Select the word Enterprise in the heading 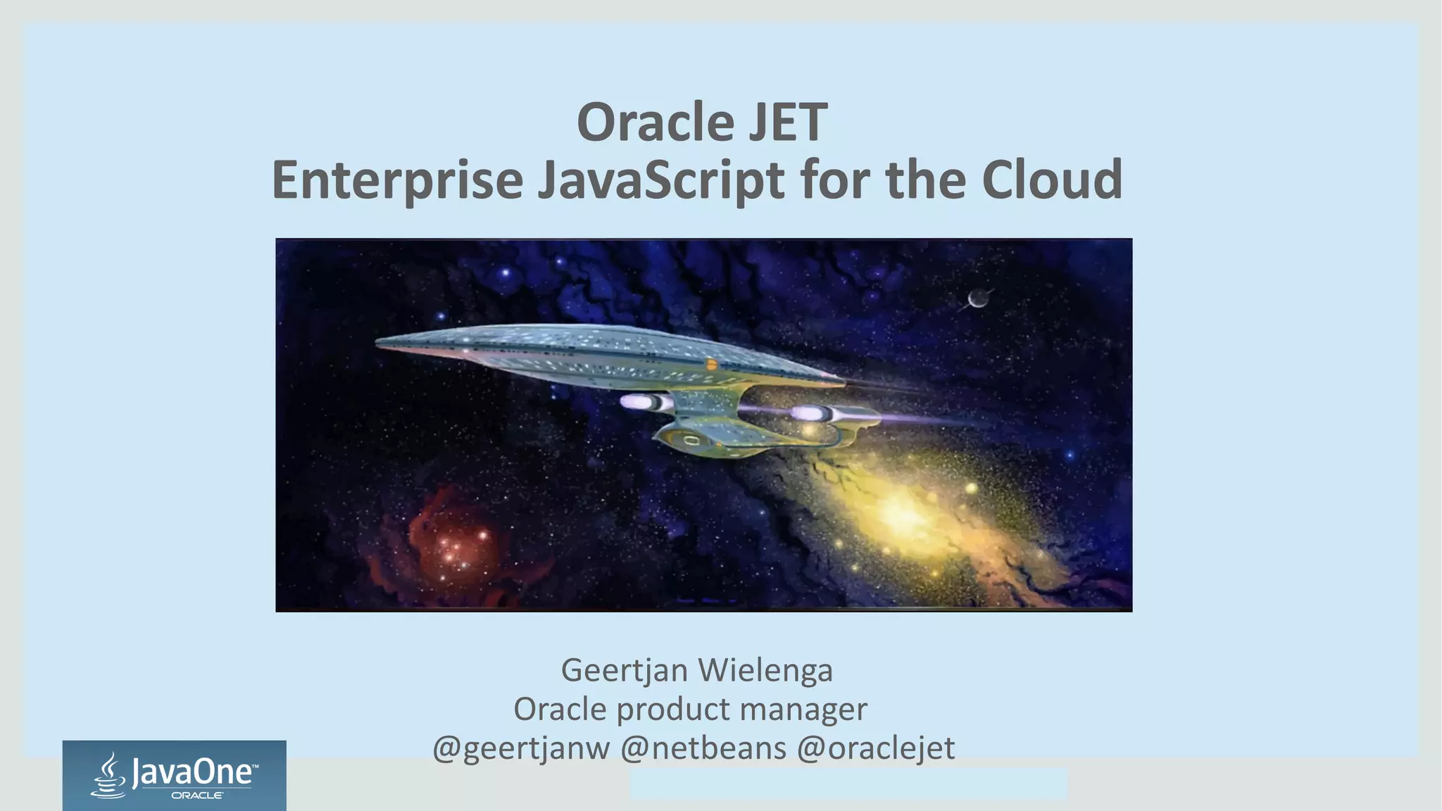click(x=397, y=180)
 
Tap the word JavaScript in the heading click(x=660, y=180)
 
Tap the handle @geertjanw click(x=521, y=748)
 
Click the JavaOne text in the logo click(x=192, y=773)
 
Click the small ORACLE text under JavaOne click(x=197, y=796)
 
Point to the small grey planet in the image click(x=977, y=299)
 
